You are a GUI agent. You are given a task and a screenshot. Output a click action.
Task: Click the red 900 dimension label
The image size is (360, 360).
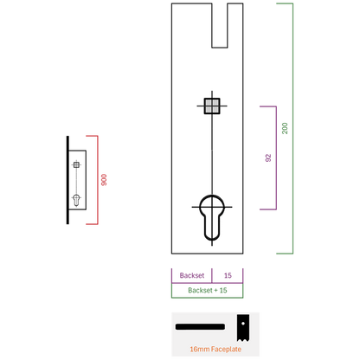coord(104,180)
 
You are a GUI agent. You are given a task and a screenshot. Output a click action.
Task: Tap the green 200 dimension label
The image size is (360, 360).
coord(285,128)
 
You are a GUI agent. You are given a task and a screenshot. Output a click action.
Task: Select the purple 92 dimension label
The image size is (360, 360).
coord(268,157)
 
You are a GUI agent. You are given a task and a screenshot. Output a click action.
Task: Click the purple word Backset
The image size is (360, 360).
coord(192,275)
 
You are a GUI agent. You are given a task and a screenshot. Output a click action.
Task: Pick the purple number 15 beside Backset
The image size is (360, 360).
coord(228,275)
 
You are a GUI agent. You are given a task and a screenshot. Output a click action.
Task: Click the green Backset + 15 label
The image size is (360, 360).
coord(208,290)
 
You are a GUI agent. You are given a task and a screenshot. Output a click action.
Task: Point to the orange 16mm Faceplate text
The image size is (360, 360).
coord(215,349)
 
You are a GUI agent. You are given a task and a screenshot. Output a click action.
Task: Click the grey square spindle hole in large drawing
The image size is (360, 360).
coord(212,106)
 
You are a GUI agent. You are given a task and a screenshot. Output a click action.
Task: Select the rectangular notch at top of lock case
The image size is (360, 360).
coord(220,25)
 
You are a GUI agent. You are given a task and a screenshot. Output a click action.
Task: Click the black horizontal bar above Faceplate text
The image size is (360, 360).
coord(200,327)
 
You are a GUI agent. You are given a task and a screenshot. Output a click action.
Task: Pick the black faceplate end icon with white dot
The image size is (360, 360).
coord(243,328)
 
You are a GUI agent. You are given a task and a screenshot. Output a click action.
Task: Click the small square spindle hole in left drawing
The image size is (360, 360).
coord(76,164)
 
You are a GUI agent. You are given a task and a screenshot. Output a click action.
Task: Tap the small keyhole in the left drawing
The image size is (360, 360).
coord(76,200)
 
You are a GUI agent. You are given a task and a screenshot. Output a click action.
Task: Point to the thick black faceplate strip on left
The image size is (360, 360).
coord(67,180)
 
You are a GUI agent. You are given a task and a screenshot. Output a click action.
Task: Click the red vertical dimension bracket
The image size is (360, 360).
coord(98,180)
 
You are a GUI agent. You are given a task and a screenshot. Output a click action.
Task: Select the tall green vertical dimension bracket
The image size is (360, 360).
coord(292,128)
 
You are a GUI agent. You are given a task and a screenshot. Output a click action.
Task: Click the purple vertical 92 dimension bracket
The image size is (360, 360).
coord(276,157)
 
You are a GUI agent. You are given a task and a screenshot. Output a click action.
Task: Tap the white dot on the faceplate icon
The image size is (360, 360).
coord(243,324)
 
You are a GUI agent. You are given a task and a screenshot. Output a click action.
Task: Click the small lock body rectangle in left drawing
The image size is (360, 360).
coord(86,180)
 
